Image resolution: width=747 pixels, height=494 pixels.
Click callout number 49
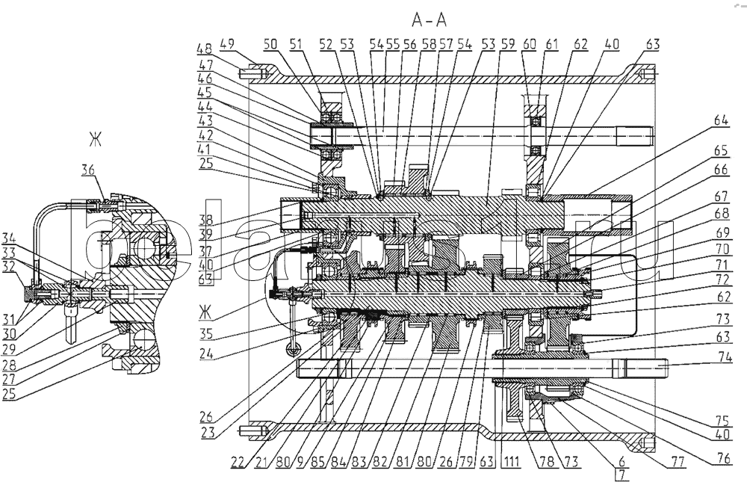click(227, 43)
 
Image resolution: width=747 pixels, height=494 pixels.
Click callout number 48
click(204, 49)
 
